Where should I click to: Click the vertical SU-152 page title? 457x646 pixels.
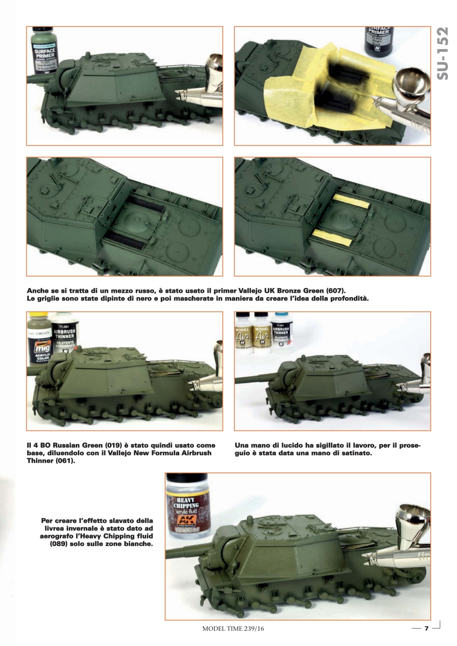442,61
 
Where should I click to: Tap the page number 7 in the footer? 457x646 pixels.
426,628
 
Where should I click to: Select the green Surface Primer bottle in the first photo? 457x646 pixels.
44,50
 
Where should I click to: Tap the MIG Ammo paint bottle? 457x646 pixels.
39,338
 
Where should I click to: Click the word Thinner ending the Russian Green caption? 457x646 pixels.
42,461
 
